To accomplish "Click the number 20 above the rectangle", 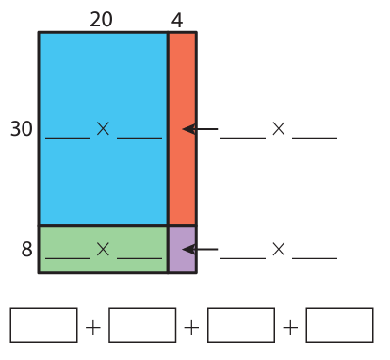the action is point(101,20).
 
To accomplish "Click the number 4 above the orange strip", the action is point(177,21).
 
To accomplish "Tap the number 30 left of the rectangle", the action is point(22,129).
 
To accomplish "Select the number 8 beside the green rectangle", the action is point(27,250).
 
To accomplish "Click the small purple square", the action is point(182,250).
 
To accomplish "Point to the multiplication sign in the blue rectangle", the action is point(103,129).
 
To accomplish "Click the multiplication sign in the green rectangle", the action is point(103,250).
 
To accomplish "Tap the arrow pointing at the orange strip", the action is point(200,129).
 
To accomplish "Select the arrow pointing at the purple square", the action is point(200,250).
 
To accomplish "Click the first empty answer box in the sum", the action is point(43,325).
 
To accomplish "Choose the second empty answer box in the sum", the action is point(142,325).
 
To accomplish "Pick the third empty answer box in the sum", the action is point(241,325).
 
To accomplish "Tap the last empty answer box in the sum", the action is point(340,325).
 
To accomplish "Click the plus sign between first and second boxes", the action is point(93,328).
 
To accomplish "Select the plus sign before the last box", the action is point(290,328).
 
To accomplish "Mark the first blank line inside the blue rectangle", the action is point(68,138).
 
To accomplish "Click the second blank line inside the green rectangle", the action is point(139,258).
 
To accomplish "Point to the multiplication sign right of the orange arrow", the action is point(279,129).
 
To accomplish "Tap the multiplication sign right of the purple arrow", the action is point(279,250).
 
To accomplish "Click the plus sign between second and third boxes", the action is point(191,328).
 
